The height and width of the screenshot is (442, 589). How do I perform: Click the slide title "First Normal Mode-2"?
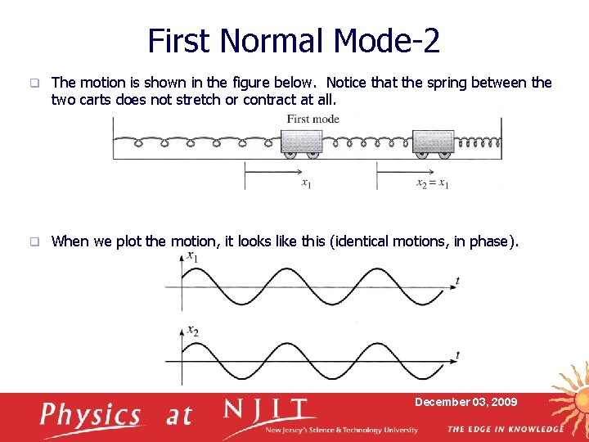coord(294,40)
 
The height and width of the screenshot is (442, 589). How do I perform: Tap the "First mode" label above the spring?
coord(312,120)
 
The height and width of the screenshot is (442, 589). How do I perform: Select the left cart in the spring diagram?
coord(302,143)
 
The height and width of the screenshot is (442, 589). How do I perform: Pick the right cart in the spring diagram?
coord(433,143)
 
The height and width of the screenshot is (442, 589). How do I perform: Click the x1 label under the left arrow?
coord(306,183)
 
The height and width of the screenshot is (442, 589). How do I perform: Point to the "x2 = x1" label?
coord(432,183)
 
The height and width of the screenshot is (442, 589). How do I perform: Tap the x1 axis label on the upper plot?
coord(192,257)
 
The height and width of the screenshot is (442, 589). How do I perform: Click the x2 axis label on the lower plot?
coord(192,331)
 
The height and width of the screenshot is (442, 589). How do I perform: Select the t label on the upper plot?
coord(456,281)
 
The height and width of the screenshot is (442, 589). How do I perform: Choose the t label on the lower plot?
coord(456,355)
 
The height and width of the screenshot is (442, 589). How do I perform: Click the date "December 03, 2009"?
coord(465,402)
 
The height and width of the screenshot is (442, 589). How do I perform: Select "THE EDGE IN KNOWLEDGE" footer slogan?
coord(505,429)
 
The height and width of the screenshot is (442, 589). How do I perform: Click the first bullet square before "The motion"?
coord(34,83)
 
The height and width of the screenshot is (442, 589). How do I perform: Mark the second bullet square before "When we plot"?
coord(34,241)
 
